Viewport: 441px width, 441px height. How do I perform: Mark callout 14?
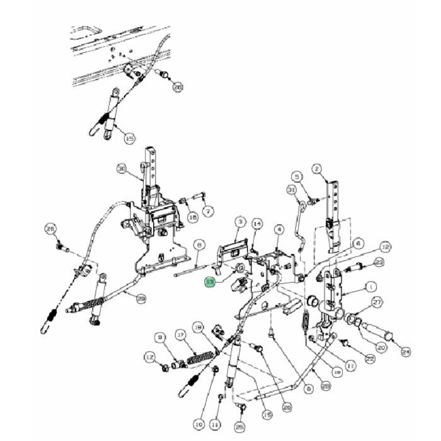256,224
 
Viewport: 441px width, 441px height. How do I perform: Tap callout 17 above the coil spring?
180,335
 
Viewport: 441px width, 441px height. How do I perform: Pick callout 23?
379,261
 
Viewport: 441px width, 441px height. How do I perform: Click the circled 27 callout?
377,303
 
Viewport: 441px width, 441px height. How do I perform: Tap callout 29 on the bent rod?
141,299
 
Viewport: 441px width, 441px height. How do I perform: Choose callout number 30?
122,168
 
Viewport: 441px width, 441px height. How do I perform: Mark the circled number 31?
291,190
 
